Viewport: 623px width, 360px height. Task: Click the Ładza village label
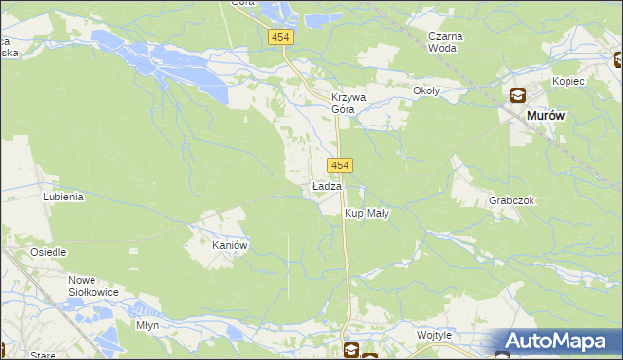pyautogui.click(x=327, y=186)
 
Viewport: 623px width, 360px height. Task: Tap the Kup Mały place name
pyautogui.click(x=367, y=213)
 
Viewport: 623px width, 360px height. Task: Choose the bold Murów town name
pyautogui.click(x=545, y=115)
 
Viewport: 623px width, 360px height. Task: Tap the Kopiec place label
pyautogui.click(x=568, y=81)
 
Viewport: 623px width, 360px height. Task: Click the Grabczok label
pyautogui.click(x=512, y=200)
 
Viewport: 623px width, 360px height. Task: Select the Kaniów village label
pyautogui.click(x=232, y=245)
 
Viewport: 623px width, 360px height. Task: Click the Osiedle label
pyautogui.click(x=48, y=252)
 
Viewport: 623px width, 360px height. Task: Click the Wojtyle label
pyautogui.click(x=434, y=335)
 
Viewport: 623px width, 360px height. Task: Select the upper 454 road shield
pyautogui.click(x=280, y=36)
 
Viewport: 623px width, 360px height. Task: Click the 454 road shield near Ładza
pyautogui.click(x=340, y=165)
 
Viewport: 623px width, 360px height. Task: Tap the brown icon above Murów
pyautogui.click(x=517, y=95)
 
